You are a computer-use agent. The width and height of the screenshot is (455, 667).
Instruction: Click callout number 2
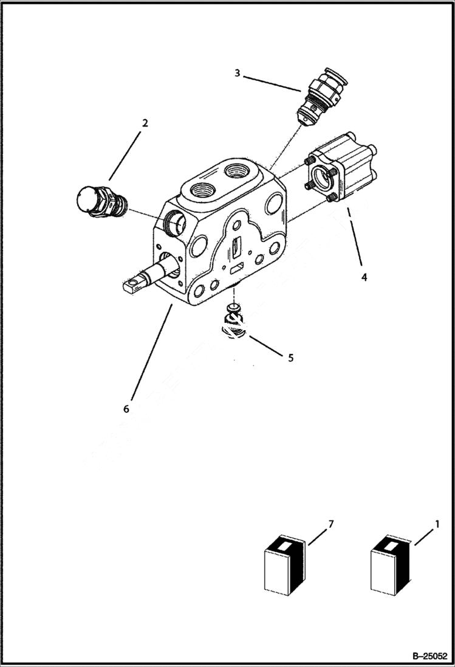pyautogui.click(x=145, y=123)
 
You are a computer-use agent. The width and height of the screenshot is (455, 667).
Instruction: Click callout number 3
pyautogui.click(x=238, y=74)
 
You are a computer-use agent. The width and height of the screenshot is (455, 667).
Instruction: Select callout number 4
pyautogui.click(x=364, y=277)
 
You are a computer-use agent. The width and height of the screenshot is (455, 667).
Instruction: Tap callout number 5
pyautogui.click(x=290, y=358)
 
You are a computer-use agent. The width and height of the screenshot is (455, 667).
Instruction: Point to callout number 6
pyautogui.click(x=126, y=409)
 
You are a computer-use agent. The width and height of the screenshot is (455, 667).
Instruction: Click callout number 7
pyautogui.click(x=330, y=523)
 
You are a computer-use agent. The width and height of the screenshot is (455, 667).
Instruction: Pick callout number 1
pyautogui.click(x=436, y=523)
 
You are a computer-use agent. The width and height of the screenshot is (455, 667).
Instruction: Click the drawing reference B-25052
pyautogui.click(x=429, y=657)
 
